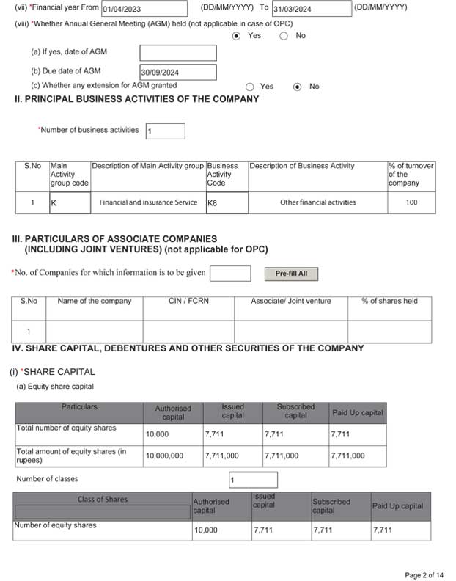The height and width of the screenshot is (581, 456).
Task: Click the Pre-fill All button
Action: pos(291,274)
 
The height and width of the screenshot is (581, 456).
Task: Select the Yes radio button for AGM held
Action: pos(236,36)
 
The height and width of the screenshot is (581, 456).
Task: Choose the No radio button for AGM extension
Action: pos(298,87)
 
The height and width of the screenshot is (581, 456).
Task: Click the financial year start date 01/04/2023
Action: pos(144,10)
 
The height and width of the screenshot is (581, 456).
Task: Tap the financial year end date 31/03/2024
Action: pos(311,10)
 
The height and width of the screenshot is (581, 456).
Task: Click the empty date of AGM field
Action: pos(178,53)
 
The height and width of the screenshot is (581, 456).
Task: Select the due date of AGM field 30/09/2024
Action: pos(178,72)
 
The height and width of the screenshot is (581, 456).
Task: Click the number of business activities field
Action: pos(165,131)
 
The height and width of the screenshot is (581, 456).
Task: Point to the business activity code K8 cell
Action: pos(227,202)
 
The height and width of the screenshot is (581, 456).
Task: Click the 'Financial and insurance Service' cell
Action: pos(148,202)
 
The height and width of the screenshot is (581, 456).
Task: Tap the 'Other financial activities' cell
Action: pos(317,202)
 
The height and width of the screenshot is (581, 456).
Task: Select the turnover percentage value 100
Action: pos(411,202)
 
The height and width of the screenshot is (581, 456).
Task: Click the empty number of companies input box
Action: pos(230,274)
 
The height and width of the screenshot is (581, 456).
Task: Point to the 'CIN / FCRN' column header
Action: pos(188,301)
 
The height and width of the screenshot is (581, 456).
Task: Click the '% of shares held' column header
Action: pos(389,301)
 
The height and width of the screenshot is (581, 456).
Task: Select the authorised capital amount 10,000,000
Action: pos(173,456)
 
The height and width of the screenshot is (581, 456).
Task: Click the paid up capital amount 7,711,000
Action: pos(357,456)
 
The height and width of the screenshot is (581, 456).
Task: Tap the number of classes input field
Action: pos(253,480)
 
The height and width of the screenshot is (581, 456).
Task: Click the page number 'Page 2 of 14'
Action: pos(424,574)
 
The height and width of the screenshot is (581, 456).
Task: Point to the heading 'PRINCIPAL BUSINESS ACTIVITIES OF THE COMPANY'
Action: pos(136,99)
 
